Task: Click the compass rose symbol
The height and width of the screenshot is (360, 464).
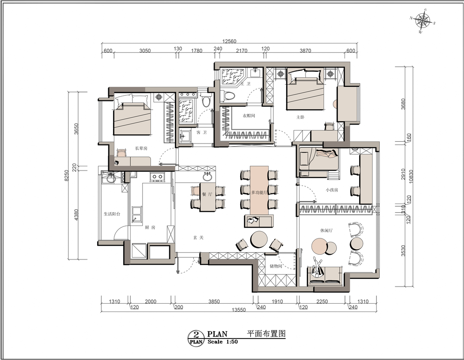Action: point(423,21)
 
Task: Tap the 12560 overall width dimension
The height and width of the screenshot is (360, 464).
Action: point(229,41)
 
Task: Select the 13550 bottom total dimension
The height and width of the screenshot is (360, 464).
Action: point(239,310)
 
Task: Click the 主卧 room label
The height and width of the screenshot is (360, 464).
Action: point(300,117)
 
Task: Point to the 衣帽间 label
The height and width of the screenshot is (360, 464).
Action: point(249,116)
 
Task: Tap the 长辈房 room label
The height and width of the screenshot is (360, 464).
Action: point(141,148)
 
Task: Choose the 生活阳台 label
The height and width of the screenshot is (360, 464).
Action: point(112,214)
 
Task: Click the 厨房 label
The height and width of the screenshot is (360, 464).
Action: point(150,228)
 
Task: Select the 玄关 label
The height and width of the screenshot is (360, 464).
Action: point(198,238)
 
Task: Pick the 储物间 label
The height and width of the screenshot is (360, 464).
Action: point(276,266)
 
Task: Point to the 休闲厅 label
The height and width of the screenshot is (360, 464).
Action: point(326,230)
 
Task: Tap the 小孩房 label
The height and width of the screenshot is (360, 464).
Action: point(332,190)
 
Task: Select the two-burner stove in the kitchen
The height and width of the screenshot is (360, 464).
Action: point(157,177)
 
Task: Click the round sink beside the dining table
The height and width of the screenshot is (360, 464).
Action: point(208,177)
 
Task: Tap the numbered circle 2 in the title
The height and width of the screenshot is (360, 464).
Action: point(196,335)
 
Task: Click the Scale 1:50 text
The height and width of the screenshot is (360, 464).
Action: point(223,342)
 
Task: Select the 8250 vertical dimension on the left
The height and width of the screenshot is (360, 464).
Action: point(67,175)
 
